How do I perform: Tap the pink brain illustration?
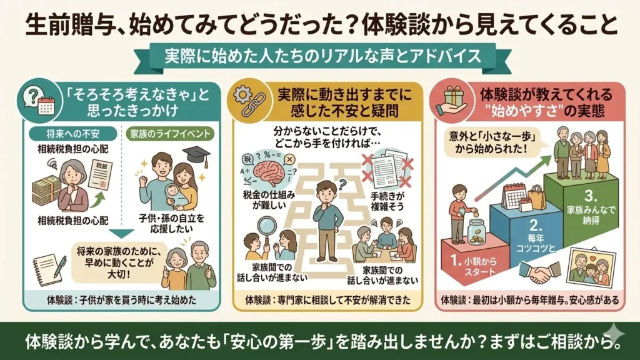coord(270,174)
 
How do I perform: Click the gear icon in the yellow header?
coord(243,96)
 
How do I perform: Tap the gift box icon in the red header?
coord(454,96)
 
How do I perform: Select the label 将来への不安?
coord(72,134)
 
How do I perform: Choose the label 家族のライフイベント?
coord(169,134)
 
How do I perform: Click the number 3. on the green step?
coord(591,196)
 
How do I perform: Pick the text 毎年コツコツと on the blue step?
coord(536,243)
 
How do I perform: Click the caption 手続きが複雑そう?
coord(387,201)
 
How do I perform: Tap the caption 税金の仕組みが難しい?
coord(269,200)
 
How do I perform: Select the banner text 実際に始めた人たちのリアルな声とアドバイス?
coord(323,56)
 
